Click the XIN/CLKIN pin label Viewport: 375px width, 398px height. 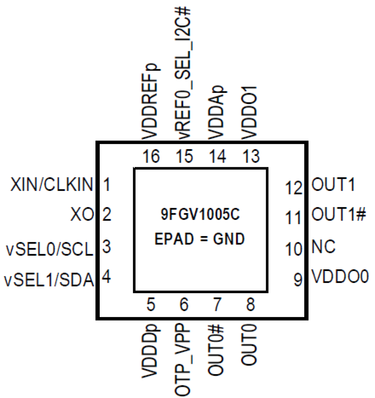(52, 184)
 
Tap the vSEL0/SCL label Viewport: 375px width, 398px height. (50, 249)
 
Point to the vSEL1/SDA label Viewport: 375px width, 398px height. (49, 280)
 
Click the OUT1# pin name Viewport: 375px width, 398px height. (339, 214)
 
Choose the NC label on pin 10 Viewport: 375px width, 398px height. (323, 247)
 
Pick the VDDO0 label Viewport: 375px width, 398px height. (340, 276)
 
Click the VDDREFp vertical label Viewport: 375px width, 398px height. (150, 102)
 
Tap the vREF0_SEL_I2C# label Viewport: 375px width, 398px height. (183, 73)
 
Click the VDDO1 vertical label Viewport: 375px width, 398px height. (249, 113)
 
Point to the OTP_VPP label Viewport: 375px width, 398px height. (183, 360)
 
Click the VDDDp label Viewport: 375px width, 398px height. (150, 351)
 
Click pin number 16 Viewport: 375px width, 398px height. (151, 156)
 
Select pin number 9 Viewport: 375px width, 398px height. (298, 279)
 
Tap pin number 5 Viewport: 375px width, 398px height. (151, 305)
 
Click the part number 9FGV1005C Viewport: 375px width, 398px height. (200, 214)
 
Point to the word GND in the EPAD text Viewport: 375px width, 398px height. (229, 239)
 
